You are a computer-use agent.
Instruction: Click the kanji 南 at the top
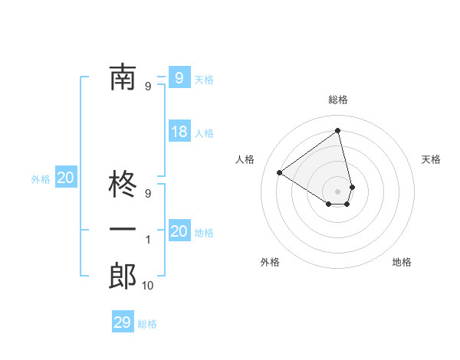(x=123, y=77)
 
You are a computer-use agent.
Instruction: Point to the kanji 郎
(x=123, y=276)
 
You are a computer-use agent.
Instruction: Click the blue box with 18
(x=179, y=132)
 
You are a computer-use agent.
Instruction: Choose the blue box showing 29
(x=122, y=322)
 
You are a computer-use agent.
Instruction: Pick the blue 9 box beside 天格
(x=179, y=77)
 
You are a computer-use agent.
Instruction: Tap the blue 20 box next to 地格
(x=179, y=231)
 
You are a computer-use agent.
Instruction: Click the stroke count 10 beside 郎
(x=148, y=286)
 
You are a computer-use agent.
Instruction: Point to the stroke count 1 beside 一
(x=148, y=240)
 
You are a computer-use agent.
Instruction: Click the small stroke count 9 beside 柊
(x=148, y=194)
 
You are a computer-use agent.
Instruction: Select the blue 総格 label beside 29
(x=147, y=324)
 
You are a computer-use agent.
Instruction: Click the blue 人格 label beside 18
(x=204, y=133)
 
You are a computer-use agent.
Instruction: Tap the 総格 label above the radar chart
(x=338, y=100)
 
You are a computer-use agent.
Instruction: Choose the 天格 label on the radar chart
(x=431, y=159)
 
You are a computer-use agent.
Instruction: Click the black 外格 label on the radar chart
(x=270, y=262)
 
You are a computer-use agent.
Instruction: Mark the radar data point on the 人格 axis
(x=280, y=172)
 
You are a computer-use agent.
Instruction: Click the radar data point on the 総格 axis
(x=338, y=130)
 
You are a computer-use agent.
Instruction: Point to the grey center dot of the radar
(x=338, y=190)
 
